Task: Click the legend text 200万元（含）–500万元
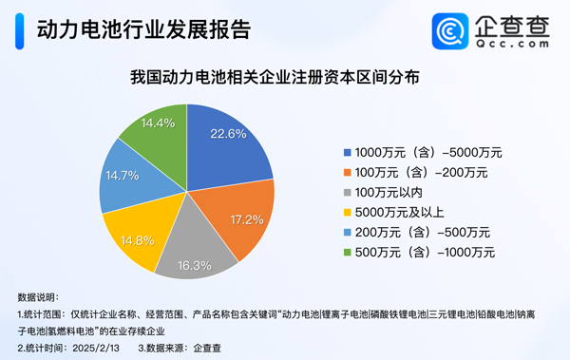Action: coord(421,232)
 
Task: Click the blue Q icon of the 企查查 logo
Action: coord(447,30)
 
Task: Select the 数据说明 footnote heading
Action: coord(38,297)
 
